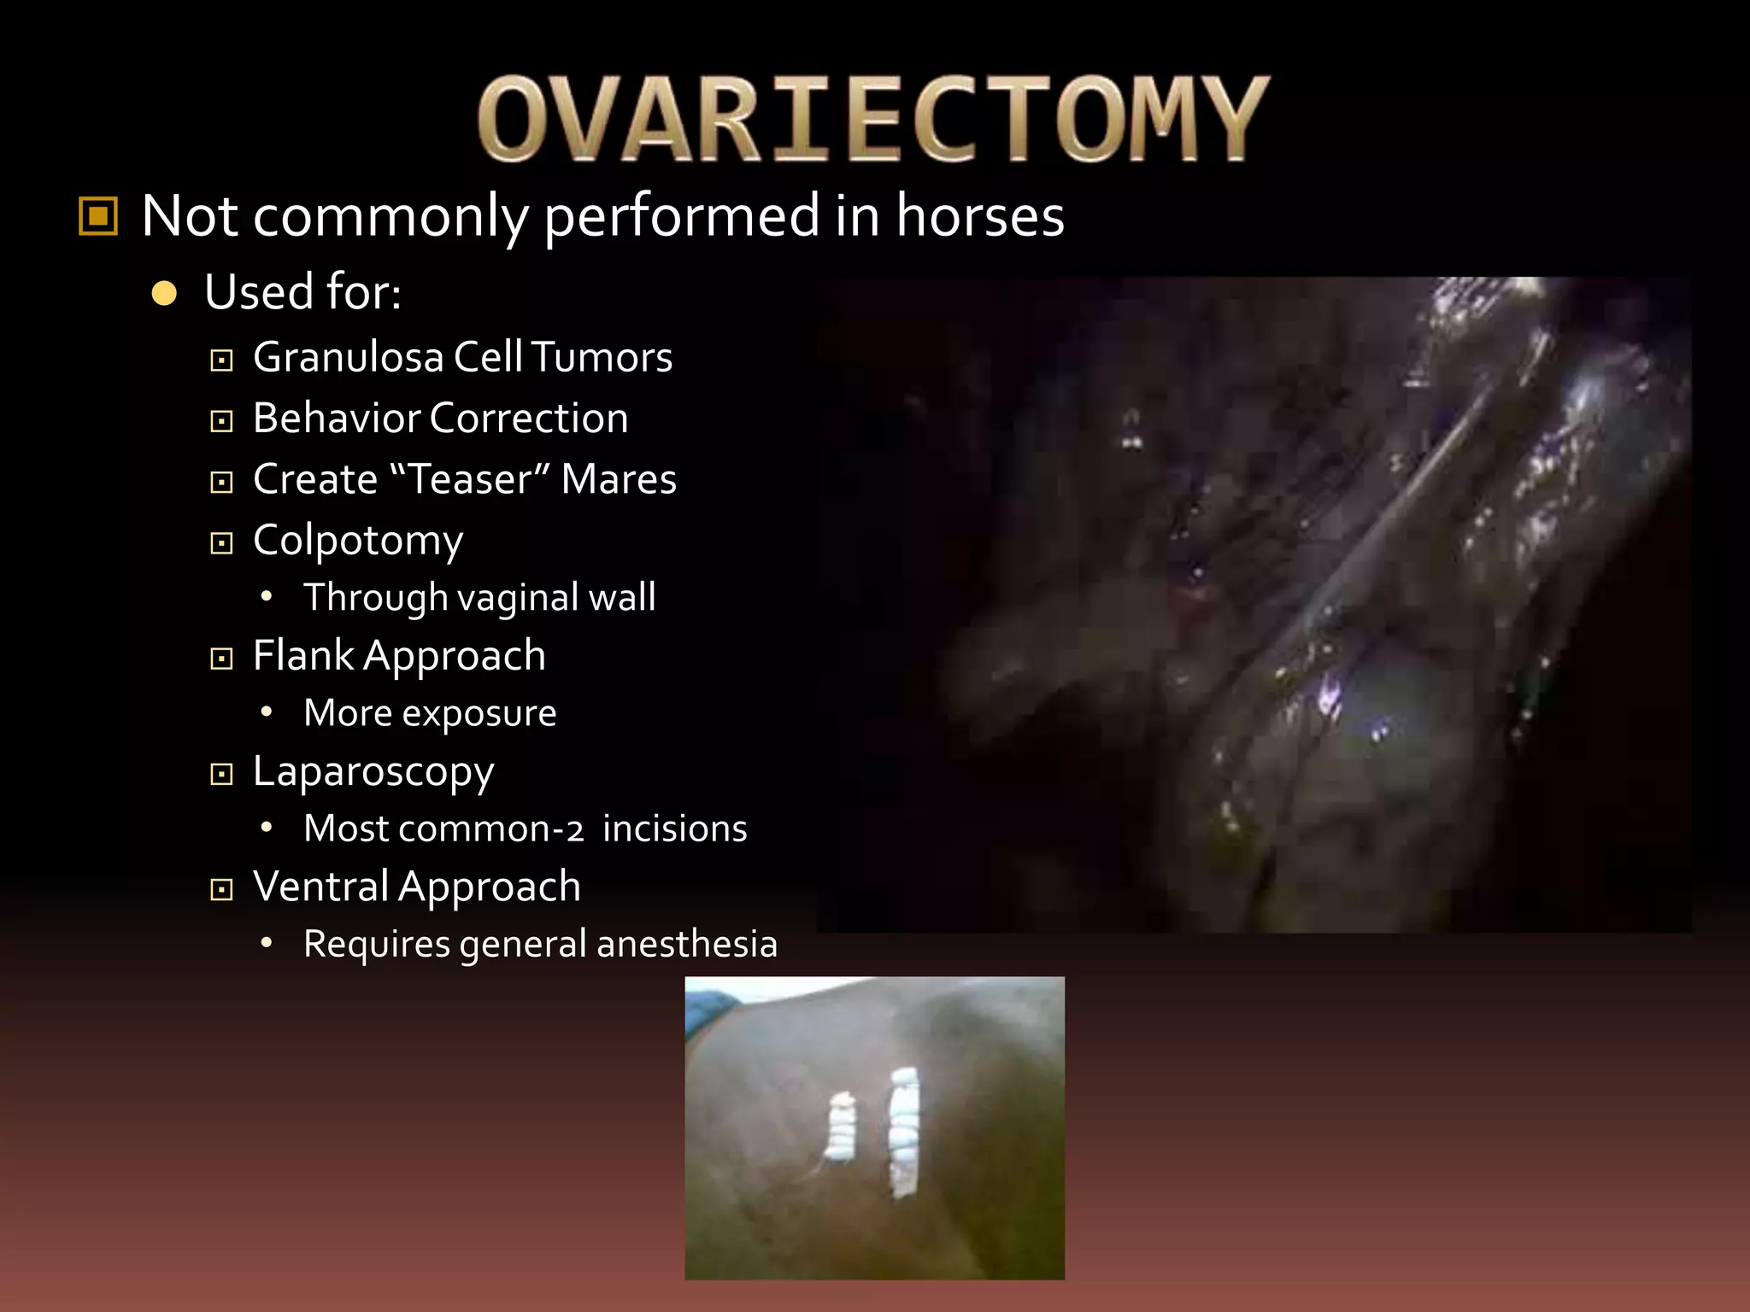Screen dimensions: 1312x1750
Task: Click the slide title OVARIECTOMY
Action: (x=873, y=119)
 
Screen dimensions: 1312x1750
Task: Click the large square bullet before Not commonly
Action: (x=98, y=215)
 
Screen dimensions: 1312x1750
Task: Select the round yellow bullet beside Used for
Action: (x=164, y=294)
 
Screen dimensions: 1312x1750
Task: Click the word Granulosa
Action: (x=348, y=358)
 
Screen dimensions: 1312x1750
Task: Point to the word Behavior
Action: (x=337, y=419)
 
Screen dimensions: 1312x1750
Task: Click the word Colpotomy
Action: (x=358, y=542)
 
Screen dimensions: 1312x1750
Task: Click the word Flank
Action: (x=302, y=656)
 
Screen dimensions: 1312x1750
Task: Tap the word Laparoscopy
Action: (x=373, y=773)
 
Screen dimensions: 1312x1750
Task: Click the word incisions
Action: (x=674, y=829)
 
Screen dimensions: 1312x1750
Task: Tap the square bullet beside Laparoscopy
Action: (x=221, y=775)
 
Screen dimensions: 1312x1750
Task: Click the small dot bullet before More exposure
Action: (x=267, y=712)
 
